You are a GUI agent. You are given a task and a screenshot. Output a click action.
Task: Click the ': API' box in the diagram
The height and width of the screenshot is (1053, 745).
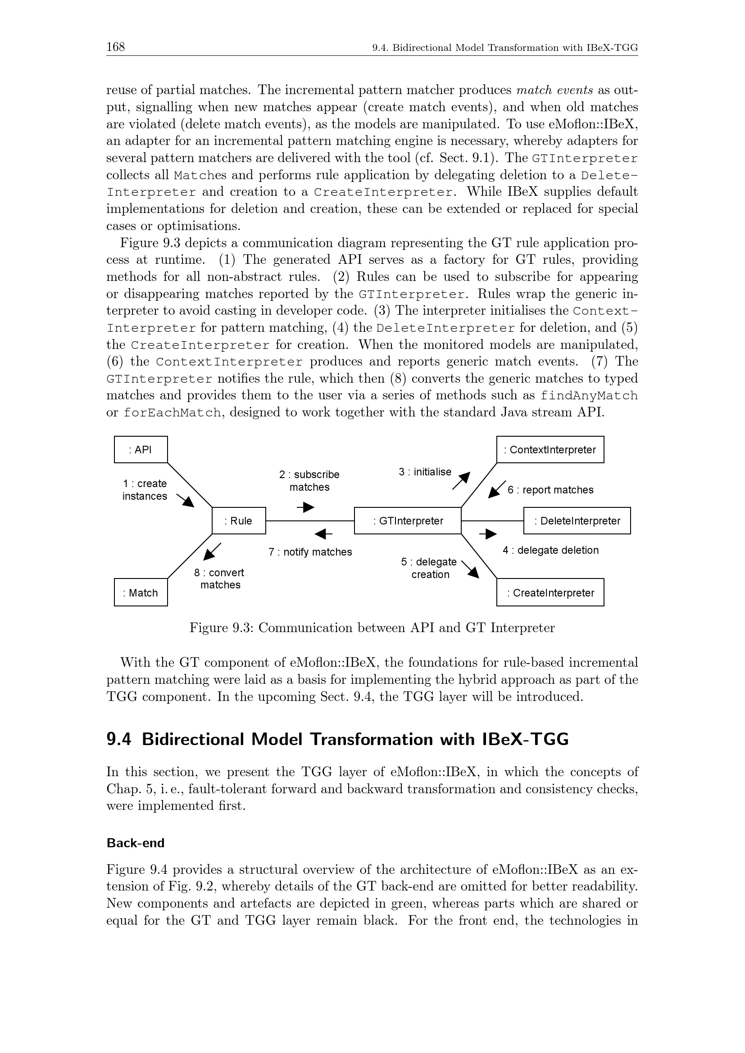click(141, 449)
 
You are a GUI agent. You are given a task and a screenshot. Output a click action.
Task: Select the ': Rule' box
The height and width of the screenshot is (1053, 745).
click(239, 520)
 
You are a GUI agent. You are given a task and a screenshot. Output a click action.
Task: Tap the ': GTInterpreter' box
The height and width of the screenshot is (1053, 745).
click(408, 520)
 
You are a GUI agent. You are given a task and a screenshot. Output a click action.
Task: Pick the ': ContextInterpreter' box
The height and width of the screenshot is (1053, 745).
click(550, 449)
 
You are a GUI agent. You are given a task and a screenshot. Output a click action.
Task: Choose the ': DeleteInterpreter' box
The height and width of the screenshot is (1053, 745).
click(577, 520)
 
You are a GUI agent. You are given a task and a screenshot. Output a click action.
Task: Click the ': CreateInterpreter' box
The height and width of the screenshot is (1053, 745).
click(550, 592)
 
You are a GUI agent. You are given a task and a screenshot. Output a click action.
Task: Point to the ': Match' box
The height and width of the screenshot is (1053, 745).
click(141, 592)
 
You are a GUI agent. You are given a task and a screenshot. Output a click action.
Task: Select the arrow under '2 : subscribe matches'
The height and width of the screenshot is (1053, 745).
click(305, 507)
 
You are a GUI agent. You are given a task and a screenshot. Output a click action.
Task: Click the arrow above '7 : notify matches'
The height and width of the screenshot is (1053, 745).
click(323, 534)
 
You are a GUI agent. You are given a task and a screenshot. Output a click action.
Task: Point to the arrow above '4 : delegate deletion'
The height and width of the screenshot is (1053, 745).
click(488, 534)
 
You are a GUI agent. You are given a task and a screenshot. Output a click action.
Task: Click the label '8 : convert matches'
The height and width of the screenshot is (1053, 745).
click(220, 579)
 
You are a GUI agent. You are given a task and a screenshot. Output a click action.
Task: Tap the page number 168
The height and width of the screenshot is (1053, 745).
click(116, 47)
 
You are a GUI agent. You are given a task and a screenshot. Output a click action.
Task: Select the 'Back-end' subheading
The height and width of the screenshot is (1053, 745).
click(135, 843)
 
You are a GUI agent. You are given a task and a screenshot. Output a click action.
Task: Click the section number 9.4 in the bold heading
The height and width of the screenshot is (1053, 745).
click(119, 739)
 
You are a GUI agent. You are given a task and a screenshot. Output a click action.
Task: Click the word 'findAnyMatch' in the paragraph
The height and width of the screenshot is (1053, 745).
click(589, 395)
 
